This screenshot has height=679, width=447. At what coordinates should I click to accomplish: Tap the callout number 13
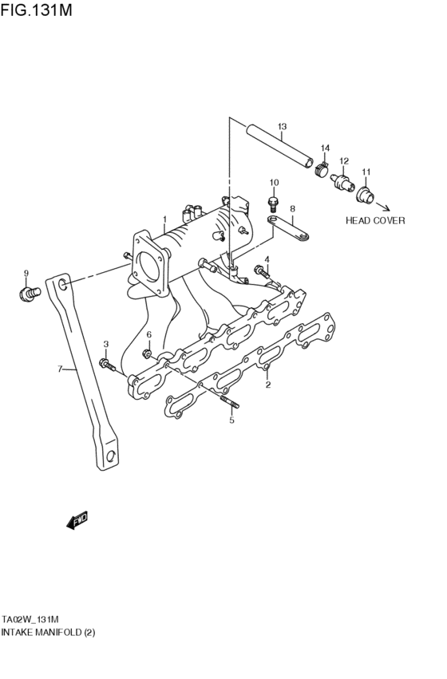(282, 127)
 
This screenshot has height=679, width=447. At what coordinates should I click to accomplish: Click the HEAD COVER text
(375, 220)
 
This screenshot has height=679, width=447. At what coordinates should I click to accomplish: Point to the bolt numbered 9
(27, 294)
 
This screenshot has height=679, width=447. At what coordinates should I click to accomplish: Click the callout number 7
(59, 369)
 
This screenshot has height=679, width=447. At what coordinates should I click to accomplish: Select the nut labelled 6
(147, 353)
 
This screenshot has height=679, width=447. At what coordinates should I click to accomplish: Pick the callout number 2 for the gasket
(268, 385)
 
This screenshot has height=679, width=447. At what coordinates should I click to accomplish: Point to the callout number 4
(267, 259)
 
